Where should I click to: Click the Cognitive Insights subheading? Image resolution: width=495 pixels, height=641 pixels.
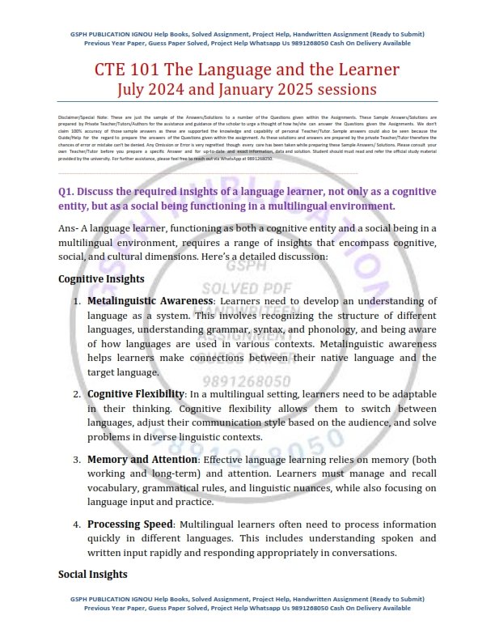coord(101,279)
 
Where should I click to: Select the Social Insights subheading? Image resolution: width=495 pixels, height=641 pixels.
coord(93,574)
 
